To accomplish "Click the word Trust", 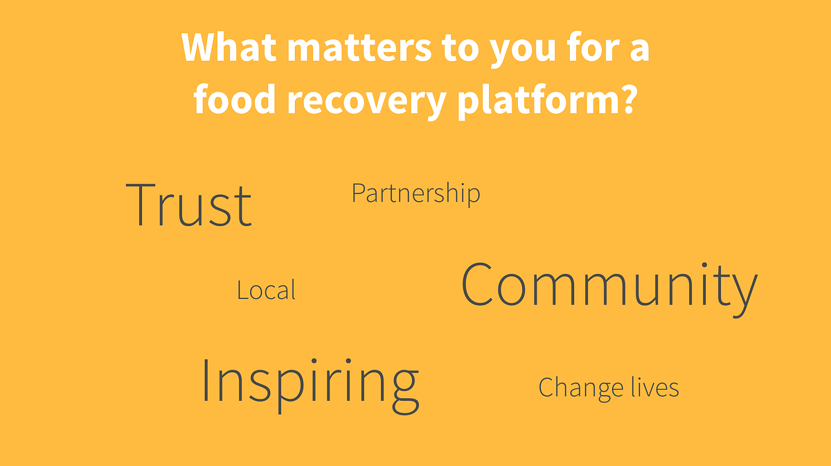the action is pos(189,205).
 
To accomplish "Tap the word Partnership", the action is pos(416,193).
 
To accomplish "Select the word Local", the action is pos(267,289).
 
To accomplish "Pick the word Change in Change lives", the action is pos(580,388).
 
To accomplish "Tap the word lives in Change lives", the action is pos(655,387).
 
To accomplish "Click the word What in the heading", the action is pos(229,47).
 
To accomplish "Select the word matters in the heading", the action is pos(359,49).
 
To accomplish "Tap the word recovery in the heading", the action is pos(367,102).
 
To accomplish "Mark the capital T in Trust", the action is pos(140,205).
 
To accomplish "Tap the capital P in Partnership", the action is pos(359,193).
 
